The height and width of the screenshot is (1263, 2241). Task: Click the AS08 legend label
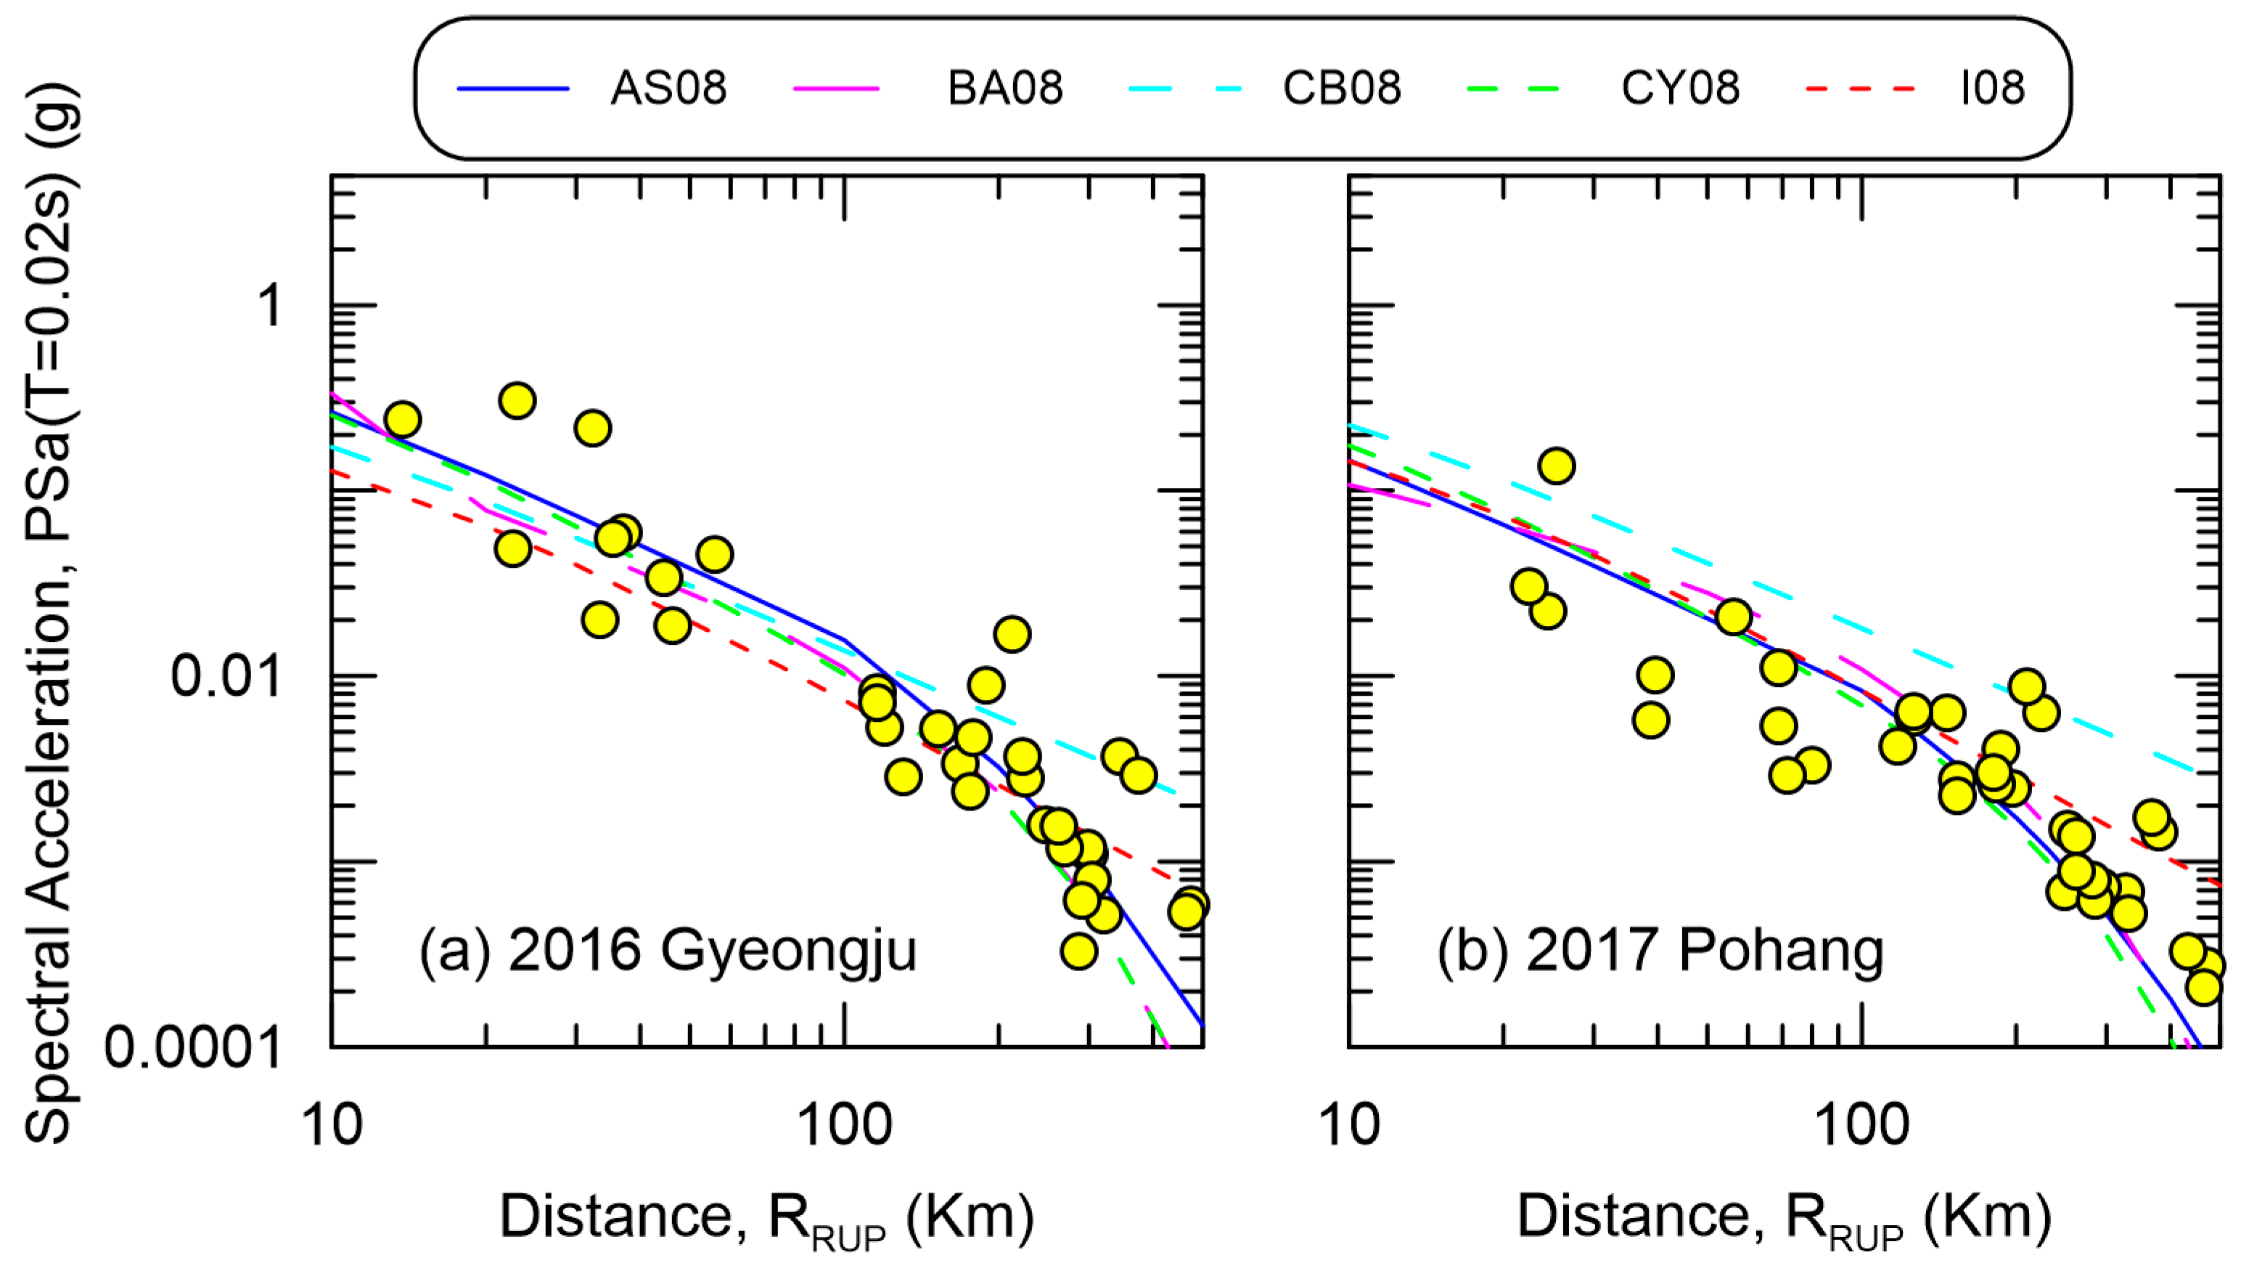668,88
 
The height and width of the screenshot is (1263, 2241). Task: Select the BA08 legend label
1005,88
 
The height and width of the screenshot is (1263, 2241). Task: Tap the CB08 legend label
1341,88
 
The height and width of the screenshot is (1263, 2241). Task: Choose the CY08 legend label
1680,88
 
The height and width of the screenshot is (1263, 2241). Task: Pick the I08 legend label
1992,88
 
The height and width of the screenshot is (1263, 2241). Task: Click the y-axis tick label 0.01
227,675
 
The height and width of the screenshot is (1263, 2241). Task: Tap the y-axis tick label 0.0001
193,1047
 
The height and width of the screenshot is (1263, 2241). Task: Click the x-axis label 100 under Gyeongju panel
844,1124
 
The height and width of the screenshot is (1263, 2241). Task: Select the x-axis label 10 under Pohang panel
1349,1124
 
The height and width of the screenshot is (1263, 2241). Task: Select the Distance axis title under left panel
766,1217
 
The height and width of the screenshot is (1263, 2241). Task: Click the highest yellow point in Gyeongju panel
517,400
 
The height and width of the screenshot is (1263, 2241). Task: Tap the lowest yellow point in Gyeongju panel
1078,951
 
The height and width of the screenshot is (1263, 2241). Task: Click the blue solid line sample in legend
513,88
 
